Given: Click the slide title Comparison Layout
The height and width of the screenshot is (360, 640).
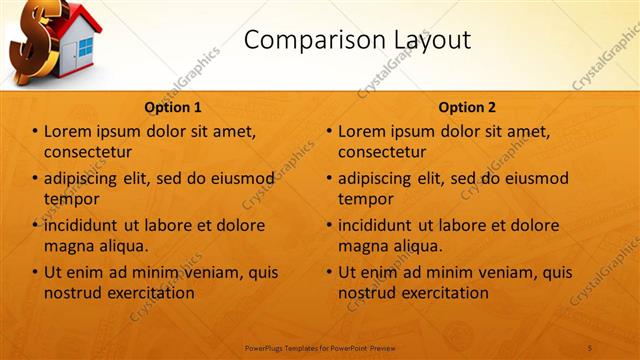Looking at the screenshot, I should (357, 40).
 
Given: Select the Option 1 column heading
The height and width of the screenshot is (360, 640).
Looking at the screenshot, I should (173, 107).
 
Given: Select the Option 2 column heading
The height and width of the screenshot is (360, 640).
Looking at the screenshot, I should (467, 107).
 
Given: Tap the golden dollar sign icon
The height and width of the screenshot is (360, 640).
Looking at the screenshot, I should (30, 45).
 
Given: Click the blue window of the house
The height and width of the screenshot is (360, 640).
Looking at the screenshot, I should (85, 47).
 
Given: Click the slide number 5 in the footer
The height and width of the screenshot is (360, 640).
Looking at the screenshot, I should (590, 347).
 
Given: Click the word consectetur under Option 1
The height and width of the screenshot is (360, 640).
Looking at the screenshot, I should (88, 152).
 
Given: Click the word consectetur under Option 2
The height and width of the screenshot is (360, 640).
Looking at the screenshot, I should (382, 152).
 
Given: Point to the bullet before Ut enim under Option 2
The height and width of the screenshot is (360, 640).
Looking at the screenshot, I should (329, 272).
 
